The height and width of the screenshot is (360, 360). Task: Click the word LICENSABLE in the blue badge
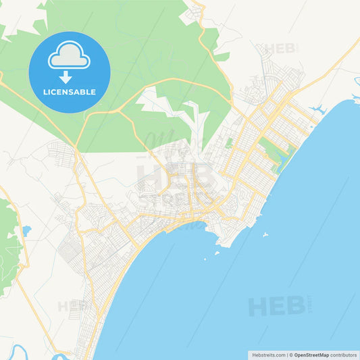pos(70,92)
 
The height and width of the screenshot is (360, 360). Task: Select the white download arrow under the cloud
pos(70,76)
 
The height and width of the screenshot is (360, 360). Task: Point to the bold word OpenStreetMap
pos(311,355)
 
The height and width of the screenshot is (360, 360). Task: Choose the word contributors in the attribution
pos(343,355)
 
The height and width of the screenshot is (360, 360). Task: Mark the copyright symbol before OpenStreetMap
pos(291,355)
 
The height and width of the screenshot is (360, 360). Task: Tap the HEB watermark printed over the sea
pos(276,306)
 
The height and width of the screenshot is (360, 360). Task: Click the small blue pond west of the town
pos(26,231)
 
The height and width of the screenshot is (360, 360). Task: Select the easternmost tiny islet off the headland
pos(267,236)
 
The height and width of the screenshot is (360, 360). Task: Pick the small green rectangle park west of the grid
pos(230,143)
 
